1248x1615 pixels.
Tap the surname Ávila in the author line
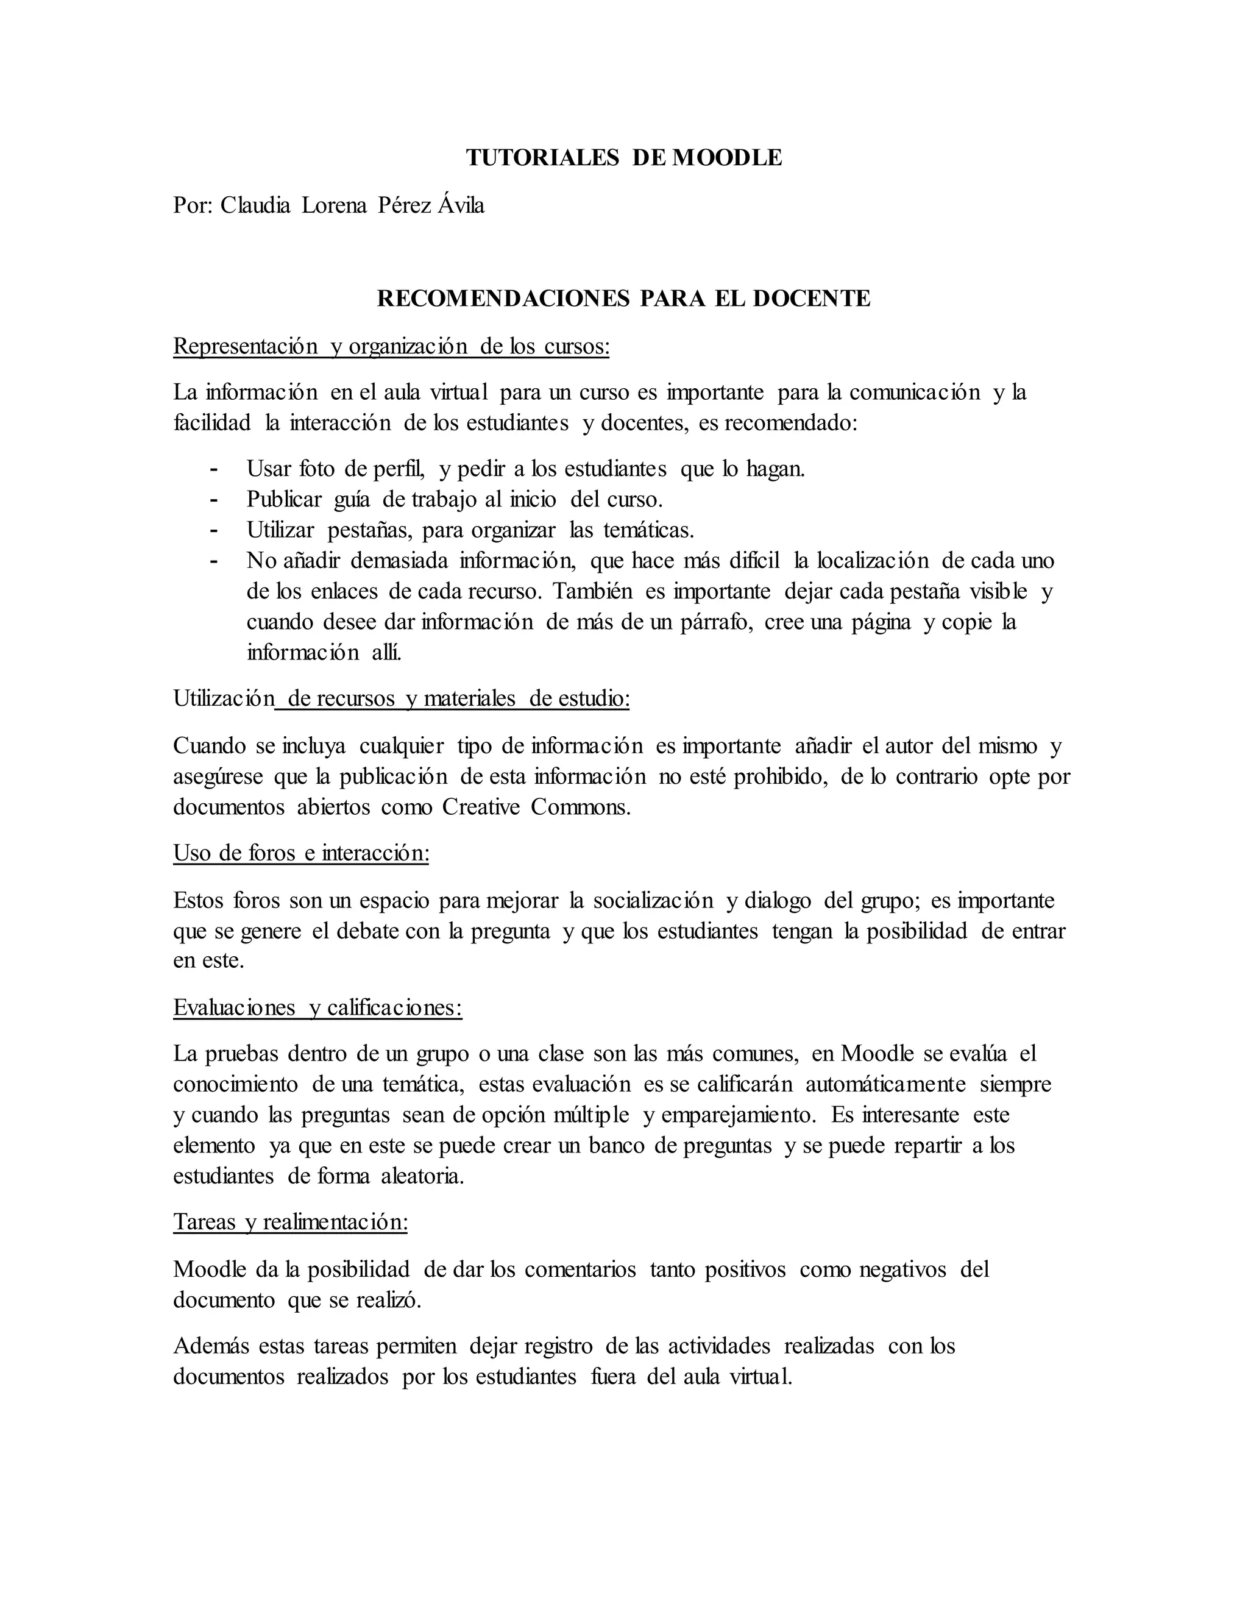pyautogui.click(x=461, y=205)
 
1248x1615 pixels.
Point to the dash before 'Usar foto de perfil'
pyautogui.click(x=214, y=469)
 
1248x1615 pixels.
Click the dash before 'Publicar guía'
pyautogui.click(x=214, y=500)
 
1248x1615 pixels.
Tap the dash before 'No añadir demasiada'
pyautogui.click(x=214, y=561)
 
